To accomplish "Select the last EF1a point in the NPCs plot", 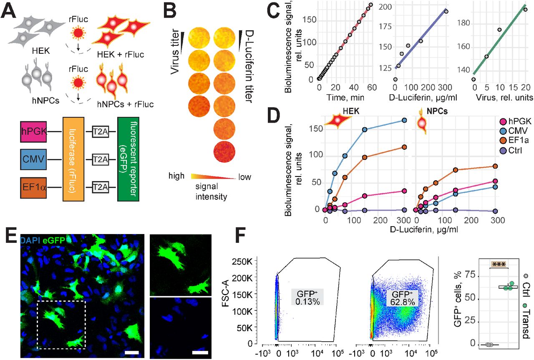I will (495, 166).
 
